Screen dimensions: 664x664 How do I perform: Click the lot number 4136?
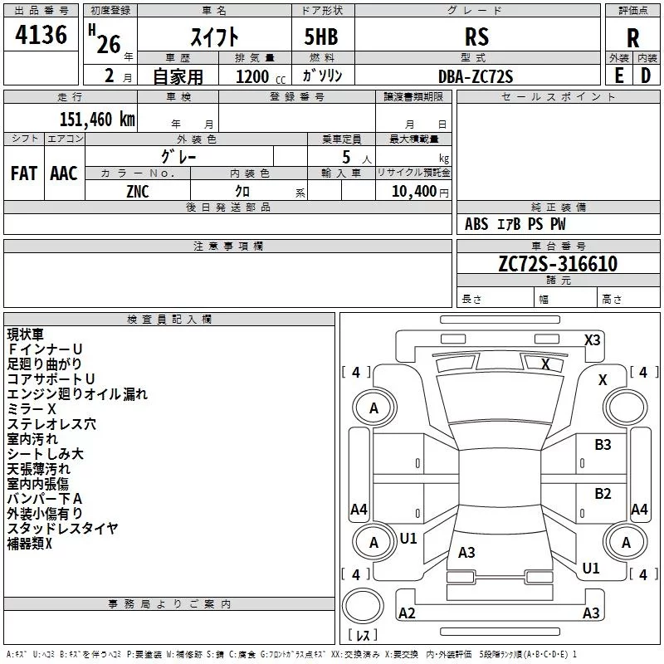(41, 35)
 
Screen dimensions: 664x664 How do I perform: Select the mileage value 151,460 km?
(97, 120)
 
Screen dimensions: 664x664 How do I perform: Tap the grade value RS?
(476, 37)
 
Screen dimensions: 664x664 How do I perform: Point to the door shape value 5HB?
(321, 37)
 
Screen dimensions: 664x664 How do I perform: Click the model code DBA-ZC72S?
(476, 76)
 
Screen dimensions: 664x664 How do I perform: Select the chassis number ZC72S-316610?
(558, 264)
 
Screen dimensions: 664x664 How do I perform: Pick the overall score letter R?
(632, 38)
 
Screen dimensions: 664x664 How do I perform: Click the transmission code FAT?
(24, 173)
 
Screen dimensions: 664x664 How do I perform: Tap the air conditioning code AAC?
(64, 173)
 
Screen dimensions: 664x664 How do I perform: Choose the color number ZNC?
(138, 192)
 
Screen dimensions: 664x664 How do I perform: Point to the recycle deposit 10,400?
(414, 192)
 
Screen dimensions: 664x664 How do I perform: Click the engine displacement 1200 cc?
(261, 77)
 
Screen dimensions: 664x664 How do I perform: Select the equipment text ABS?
(476, 224)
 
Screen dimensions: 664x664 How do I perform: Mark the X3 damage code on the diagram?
(592, 340)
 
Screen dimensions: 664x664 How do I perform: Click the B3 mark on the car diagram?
(603, 445)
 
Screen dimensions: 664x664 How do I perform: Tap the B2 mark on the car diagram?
(603, 494)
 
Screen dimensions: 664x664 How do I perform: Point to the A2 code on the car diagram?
(407, 613)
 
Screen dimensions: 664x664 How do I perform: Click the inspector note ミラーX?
(32, 409)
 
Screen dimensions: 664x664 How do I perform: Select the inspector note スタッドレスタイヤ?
(63, 529)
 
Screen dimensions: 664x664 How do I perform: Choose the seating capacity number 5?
(346, 157)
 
